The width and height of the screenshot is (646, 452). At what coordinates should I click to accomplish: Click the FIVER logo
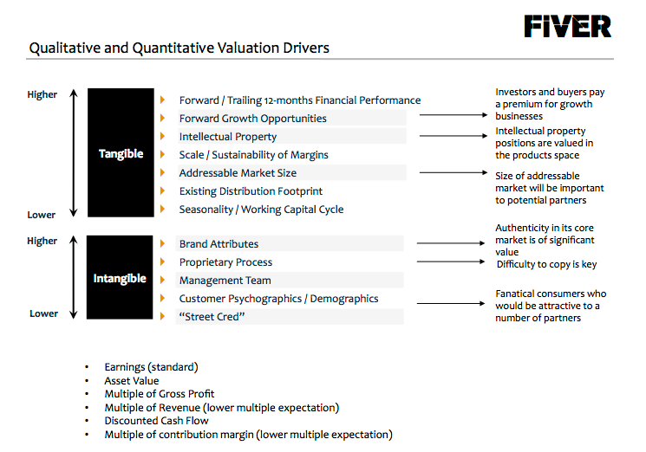[568, 26]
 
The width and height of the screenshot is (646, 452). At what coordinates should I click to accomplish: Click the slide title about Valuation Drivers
[179, 48]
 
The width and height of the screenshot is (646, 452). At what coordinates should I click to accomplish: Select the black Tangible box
[121, 153]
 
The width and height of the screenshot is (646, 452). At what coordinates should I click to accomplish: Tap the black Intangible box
[120, 279]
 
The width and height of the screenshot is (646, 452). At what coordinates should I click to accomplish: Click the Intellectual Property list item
[228, 137]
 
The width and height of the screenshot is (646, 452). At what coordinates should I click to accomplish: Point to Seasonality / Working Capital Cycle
[261, 210]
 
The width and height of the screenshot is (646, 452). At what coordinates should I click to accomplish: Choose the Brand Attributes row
[219, 244]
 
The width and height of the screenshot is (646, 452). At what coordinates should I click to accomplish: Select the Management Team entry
[225, 281]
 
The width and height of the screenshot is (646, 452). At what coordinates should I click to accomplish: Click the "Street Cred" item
[212, 317]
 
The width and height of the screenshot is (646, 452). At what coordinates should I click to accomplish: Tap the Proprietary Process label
[225, 262]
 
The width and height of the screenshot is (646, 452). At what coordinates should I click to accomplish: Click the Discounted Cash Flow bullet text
[157, 421]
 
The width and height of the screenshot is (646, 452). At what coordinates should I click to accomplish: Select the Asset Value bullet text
[132, 380]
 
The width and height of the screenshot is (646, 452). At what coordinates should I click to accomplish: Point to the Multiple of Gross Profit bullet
[160, 394]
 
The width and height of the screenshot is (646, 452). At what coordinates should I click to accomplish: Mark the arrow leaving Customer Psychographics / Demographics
[451, 303]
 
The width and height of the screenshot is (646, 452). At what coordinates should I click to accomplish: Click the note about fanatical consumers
[551, 306]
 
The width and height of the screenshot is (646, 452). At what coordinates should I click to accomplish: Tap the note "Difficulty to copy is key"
[546, 264]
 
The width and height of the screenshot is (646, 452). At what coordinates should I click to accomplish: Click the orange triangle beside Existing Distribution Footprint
[162, 191]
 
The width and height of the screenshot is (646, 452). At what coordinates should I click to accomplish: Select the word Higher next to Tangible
[42, 94]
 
